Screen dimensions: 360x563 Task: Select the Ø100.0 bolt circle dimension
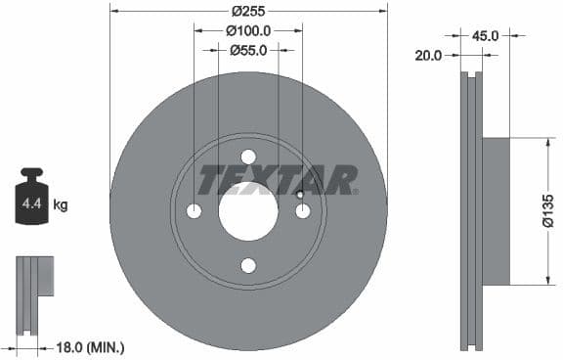[x=248, y=31]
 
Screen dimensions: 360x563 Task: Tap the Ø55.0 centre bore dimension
[x=248, y=50]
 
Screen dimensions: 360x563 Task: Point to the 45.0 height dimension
[x=486, y=36]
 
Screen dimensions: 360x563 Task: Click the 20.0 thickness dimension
[x=428, y=56]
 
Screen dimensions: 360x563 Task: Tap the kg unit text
[x=61, y=205]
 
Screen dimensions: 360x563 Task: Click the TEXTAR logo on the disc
[x=278, y=180]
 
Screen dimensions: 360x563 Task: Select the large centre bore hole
[x=248, y=210]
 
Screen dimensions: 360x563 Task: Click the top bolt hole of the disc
[x=248, y=157]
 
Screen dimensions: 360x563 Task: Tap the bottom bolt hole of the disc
[x=248, y=265]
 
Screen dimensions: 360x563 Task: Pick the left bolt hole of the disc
[x=194, y=211]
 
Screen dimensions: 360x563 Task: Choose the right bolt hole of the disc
[x=303, y=211]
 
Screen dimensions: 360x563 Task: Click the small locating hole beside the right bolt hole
[x=300, y=195]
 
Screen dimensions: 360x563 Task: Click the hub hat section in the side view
[x=496, y=210]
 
